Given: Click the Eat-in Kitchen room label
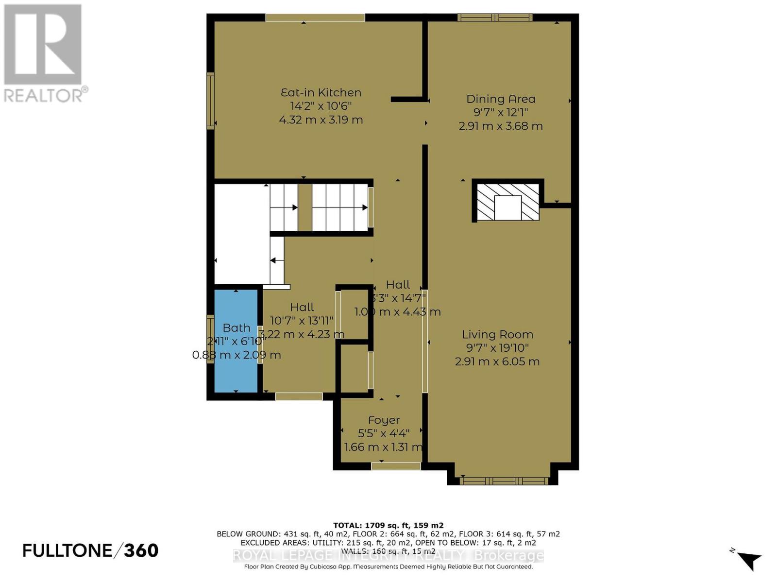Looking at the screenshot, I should pyautogui.click(x=321, y=92).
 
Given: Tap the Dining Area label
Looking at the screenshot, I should pyautogui.click(x=501, y=99).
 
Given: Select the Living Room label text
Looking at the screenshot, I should pyautogui.click(x=497, y=334).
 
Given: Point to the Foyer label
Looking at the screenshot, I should pyautogui.click(x=384, y=420).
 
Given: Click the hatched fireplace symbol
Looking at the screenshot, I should pyautogui.click(x=508, y=202).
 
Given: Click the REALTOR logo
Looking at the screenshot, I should pyautogui.click(x=44, y=53).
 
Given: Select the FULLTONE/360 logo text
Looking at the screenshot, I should pyautogui.click(x=90, y=550).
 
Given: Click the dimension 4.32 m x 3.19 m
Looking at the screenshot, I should pyautogui.click(x=321, y=120).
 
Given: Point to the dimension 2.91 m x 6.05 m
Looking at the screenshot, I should pyautogui.click(x=497, y=361).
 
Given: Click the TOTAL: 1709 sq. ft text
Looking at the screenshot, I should pyautogui.click(x=388, y=525).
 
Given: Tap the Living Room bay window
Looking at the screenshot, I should pyautogui.click(x=504, y=481).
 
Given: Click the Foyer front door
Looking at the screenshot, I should pyautogui.click(x=396, y=466).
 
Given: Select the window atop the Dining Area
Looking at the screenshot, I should pyautogui.click(x=494, y=18).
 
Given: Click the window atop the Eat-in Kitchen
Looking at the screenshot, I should pyautogui.click(x=315, y=17).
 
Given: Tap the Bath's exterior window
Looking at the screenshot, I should pyautogui.click(x=210, y=339).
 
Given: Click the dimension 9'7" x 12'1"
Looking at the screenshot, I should pyautogui.click(x=501, y=112).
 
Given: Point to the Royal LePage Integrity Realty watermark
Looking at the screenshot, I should pyautogui.click(x=388, y=555).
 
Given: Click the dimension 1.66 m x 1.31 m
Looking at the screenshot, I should pyautogui.click(x=383, y=447).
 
